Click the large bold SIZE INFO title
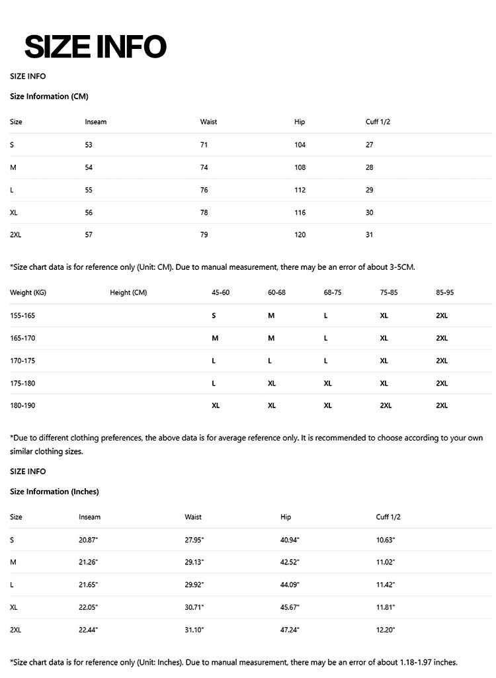(95, 47)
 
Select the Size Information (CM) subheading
(49, 97)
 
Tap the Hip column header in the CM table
(300, 122)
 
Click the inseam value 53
(89, 145)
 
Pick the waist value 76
(204, 190)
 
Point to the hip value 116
(300, 212)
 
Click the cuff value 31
(369, 235)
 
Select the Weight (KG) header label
(28, 292)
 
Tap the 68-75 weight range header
(333, 292)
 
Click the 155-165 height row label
(22, 316)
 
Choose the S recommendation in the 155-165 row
(214, 316)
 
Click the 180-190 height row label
(22, 405)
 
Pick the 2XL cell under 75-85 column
(386, 405)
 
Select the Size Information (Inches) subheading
(54, 491)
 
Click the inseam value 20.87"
(88, 540)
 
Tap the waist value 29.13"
(194, 562)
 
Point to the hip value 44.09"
(290, 585)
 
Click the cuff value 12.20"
(386, 630)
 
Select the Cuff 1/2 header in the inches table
(388, 517)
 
